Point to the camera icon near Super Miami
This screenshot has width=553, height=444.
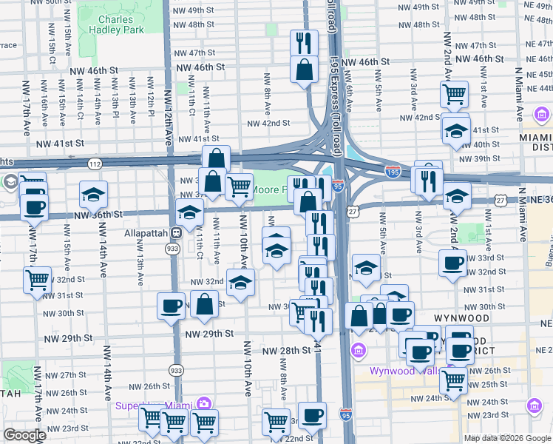coord(203,405)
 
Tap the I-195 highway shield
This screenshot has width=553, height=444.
coord(393,170)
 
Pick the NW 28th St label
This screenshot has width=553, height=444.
coord(283,350)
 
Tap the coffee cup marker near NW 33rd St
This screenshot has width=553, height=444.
coord(452,263)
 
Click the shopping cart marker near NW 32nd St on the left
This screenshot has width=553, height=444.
coord(37,280)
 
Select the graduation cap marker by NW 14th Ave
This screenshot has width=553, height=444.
coord(94,194)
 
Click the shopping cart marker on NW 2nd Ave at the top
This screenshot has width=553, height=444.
coord(454,94)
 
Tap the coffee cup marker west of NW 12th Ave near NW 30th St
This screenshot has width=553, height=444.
coord(171,305)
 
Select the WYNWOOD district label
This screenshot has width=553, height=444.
coord(461,318)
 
